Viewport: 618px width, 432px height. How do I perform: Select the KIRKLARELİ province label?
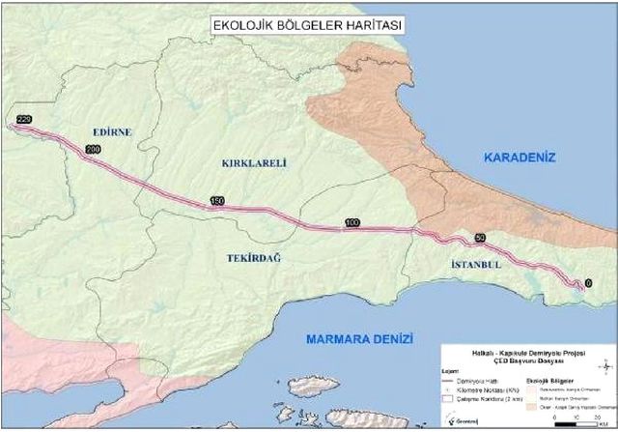[x=254, y=163]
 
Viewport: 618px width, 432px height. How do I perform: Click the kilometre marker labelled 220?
[x=24, y=118]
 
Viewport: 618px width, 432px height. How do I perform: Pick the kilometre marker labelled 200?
[x=93, y=150]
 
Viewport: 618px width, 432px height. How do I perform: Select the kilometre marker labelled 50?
[x=481, y=239]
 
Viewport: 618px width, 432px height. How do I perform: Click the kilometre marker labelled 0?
[x=577, y=284]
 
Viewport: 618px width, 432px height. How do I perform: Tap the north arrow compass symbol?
[x=604, y=367]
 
